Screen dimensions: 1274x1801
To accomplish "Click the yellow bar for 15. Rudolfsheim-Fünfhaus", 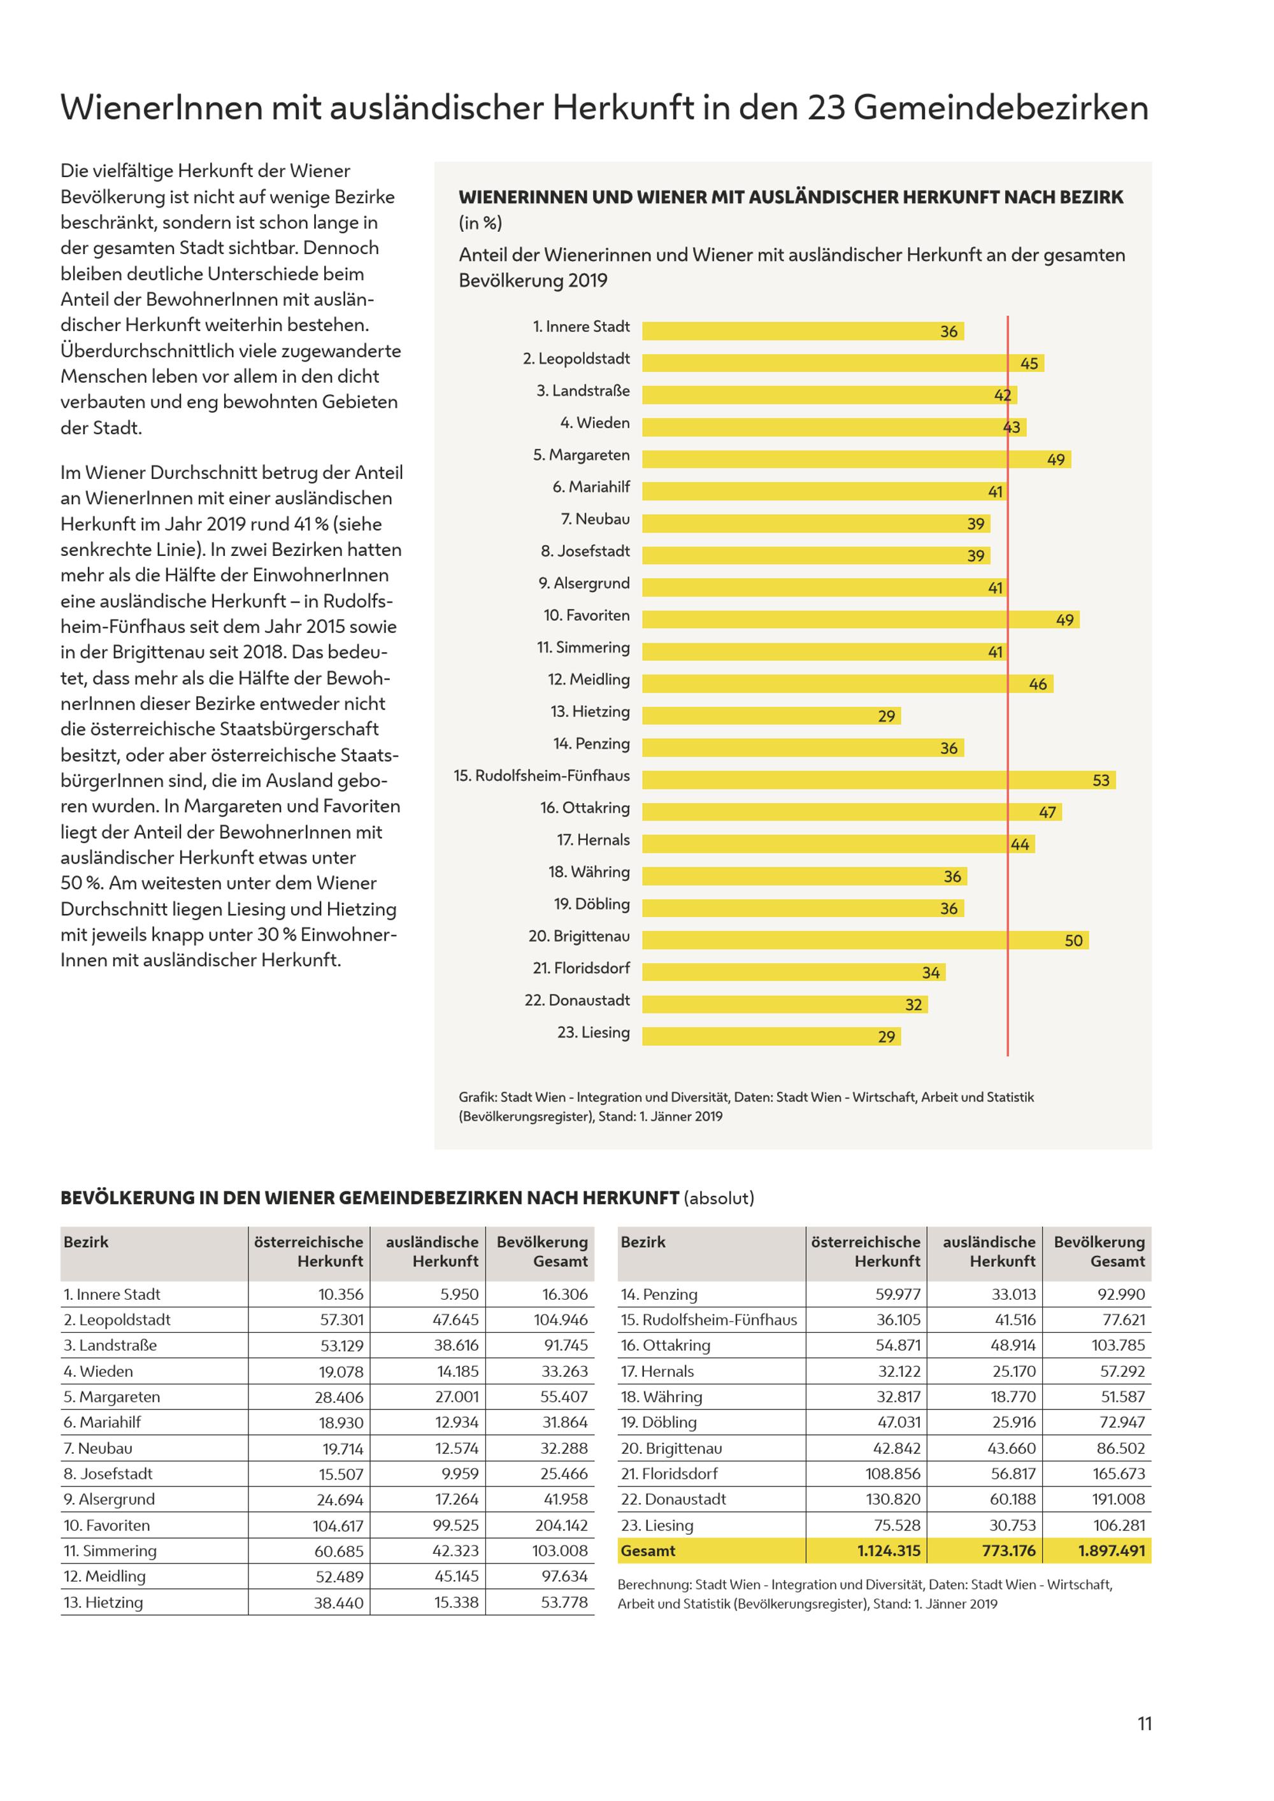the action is (878, 779).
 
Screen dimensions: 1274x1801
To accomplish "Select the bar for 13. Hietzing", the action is (771, 715).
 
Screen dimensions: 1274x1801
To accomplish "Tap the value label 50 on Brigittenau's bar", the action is (1073, 941).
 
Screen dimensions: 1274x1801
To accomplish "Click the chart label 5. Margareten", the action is (582, 455).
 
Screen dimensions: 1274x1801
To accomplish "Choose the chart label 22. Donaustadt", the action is (577, 1000).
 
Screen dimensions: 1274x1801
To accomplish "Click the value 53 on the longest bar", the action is (1101, 781).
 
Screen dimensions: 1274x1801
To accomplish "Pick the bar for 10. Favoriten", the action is (861, 620).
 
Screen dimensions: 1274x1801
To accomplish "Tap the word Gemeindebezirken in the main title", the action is (1001, 108).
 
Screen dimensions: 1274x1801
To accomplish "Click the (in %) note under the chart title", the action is (480, 223).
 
